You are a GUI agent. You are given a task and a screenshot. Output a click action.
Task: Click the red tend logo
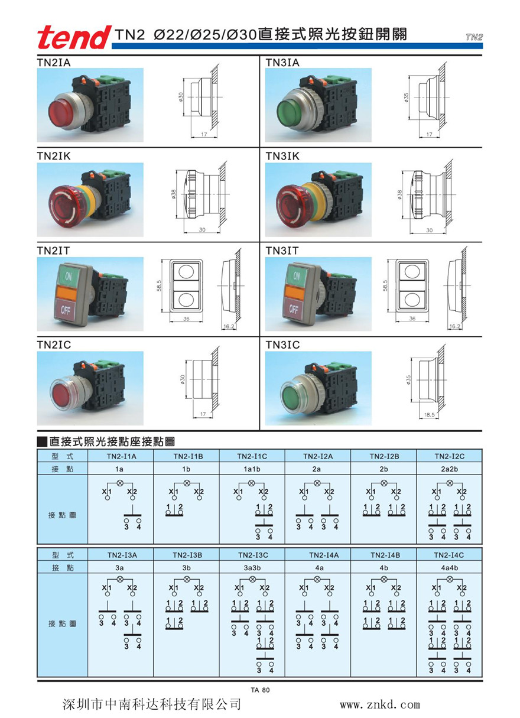73,37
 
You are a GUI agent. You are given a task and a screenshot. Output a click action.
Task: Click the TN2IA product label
54,61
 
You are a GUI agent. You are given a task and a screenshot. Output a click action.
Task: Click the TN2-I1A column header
121,456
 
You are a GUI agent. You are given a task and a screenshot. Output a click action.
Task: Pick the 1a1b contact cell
252,469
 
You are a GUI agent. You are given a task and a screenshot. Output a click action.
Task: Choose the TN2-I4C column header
449,555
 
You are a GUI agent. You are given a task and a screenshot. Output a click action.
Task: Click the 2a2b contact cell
449,469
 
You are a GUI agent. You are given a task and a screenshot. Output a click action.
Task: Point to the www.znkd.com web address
379,704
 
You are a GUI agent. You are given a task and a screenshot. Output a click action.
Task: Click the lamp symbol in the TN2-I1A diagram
121,483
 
